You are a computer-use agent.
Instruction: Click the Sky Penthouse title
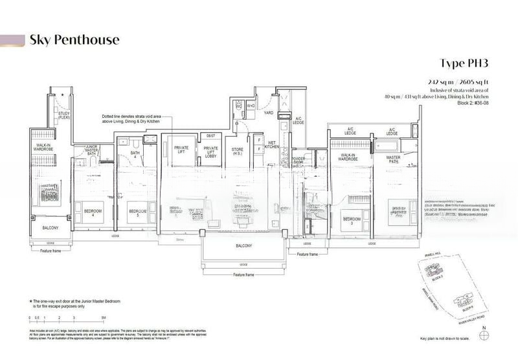pos(74,40)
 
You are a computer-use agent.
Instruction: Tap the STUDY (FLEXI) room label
pos(63,116)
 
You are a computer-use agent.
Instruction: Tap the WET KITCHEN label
pos(271,146)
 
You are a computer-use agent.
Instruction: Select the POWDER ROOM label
pos(298,161)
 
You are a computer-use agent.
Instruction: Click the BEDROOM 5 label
pos(137,212)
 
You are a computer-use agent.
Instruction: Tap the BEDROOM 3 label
pos(351,218)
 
